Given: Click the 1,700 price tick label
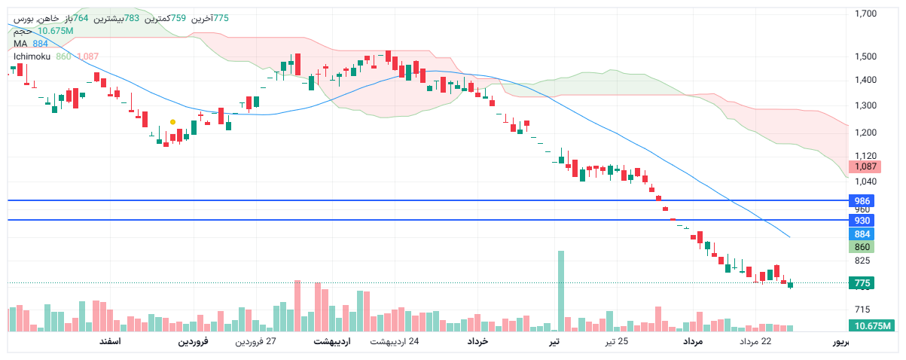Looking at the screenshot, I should [x=865, y=14].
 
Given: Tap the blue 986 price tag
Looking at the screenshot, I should [x=862, y=200].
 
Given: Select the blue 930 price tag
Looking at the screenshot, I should [x=862, y=220].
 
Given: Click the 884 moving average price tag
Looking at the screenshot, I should [x=862, y=234].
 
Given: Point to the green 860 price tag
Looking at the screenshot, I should [x=862, y=247].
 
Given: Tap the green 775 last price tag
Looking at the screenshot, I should [x=862, y=283].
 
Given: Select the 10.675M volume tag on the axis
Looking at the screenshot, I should [x=870, y=326].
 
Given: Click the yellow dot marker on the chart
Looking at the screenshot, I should [x=173, y=122].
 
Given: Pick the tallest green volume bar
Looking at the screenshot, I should [x=560, y=291].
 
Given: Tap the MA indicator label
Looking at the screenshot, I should [x=20, y=44].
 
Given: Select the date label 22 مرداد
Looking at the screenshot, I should [x=755, y=342].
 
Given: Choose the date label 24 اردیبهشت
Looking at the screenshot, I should [x=394, y=342].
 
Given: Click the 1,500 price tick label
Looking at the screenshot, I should [x=865, y=56].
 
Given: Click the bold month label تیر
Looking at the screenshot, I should [x=554, y=342].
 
